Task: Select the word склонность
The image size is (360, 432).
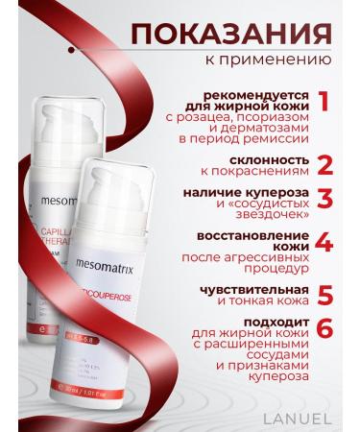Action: tap(267, 158)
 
